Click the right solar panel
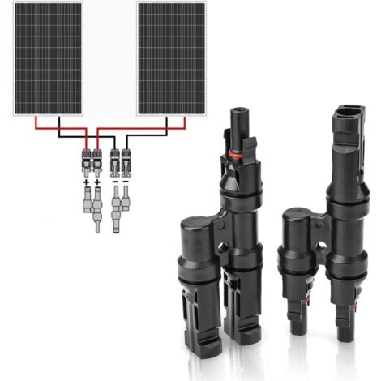click(x=173, y=58)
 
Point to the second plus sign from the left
click(x=98, y=183)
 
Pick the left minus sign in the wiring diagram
click(x=113, y=183)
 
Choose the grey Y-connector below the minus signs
click(x=120, y=209)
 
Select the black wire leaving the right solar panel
click(x=167, y=125)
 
